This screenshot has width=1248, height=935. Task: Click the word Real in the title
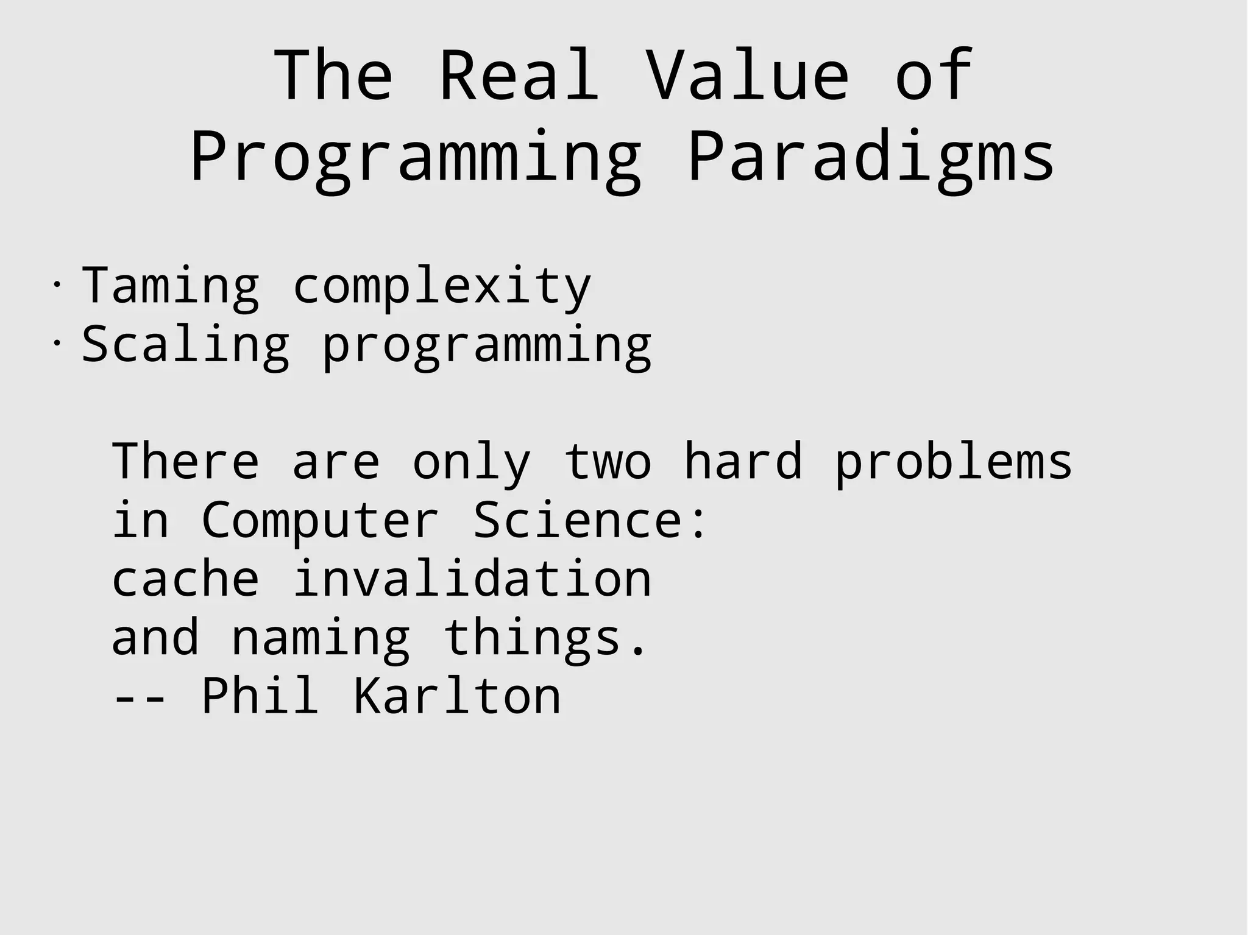tap(519, 76)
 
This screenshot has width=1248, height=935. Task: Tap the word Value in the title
tap(746, 76)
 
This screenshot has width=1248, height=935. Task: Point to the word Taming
tap(171, 286)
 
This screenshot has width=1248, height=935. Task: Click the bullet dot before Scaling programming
tap(56, 343)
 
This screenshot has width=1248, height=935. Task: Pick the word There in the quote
tap(186, 462)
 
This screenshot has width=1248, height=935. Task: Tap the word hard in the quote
tap(743, 462)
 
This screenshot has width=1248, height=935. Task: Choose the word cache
tap(186, 579)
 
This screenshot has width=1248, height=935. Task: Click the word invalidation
tap(472, 579)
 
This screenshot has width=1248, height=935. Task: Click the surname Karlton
tap(457, 696)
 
